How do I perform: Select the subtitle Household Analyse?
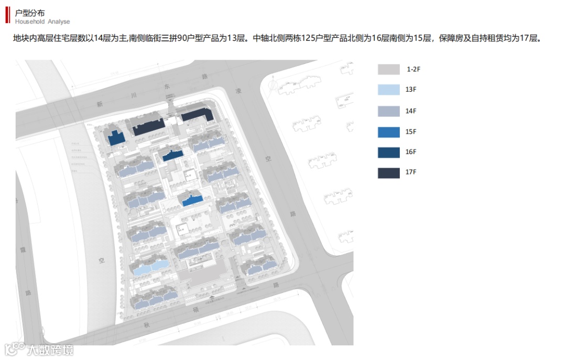pyautogui.click(x=42, y=22)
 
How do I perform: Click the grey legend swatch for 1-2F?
pyautogui.click(x=388, y=70)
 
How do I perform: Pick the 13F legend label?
pyautogui.click(x=411, y=90)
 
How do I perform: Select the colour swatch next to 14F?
pyautogui.click(x=388, y=111)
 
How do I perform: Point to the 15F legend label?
pyautogui.click(x=411, y=132)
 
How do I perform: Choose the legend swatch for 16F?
pyautogui.click(x=388, y=152)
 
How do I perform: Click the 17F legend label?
pyautogui.click(x=411, y=172)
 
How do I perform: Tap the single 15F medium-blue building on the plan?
pyautogui.click(x=191, y=200)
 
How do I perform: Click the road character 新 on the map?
pyautogui.click(x=99, y=104)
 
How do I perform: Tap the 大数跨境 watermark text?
pyautogui.click(x=50, y=350)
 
